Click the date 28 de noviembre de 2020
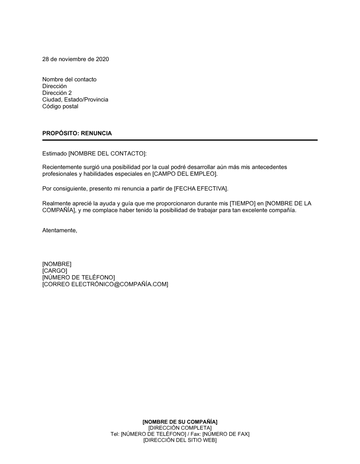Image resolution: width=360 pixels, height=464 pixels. point(76,59)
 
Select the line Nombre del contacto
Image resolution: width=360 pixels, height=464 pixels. point(69,79)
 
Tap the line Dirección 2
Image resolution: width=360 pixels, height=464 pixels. point(57,93)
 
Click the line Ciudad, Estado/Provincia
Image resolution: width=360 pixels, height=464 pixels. point(75,100)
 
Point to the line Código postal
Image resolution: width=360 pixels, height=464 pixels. point(60,106)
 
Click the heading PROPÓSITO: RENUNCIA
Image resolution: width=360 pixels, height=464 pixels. point(77,133)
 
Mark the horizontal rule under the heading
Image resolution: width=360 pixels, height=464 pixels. point(180,140)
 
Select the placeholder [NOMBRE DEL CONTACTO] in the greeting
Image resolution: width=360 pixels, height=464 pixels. point(107,154)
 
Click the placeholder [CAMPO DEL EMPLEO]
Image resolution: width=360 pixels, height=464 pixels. point(185,174)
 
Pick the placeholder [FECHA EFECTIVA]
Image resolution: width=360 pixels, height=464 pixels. point(201,188)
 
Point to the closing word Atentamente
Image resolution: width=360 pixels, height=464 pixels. point(59,230)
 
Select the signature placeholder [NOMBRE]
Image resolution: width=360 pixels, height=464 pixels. point(57,264)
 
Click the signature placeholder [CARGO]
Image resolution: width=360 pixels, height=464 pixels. point(55,271)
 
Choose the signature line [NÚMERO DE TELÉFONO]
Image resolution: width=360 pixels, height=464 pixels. point(78,278)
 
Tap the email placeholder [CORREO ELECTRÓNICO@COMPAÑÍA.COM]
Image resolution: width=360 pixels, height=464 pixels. point(105,284)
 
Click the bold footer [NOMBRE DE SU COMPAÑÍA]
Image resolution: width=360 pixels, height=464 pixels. point(180,422)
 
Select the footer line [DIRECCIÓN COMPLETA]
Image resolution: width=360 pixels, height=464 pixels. point(180,428)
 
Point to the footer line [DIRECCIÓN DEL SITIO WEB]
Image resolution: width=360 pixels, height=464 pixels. point(180,440)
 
